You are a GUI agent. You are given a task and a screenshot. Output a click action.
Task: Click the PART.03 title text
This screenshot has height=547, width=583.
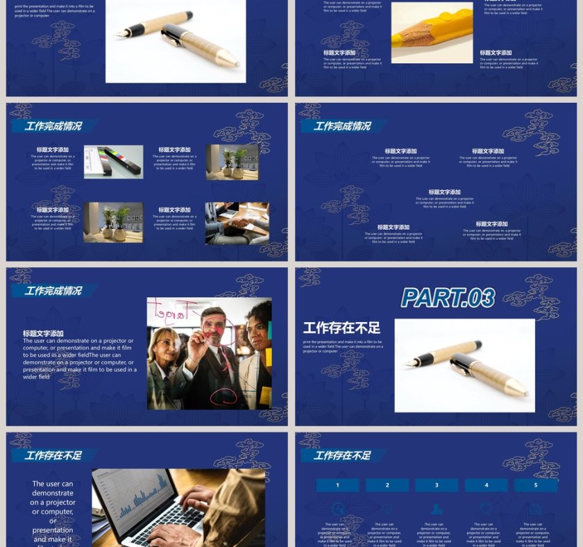coord(448,298)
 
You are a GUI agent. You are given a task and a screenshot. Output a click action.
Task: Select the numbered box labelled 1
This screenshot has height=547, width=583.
coord(337,485)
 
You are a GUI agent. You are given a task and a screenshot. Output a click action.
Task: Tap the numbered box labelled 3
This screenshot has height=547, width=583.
coord(437,485)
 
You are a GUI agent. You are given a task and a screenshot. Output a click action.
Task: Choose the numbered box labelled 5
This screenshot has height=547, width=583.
coord(536,485)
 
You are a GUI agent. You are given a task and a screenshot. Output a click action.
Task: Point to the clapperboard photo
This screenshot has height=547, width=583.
coord(113,162)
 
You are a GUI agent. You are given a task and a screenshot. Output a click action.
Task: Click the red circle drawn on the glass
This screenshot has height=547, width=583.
coord(224,397)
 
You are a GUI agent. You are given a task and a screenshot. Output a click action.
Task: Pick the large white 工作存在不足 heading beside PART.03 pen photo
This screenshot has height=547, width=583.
coord(341,328)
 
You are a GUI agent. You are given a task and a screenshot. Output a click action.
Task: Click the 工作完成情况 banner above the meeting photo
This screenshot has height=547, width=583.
coord(53,291)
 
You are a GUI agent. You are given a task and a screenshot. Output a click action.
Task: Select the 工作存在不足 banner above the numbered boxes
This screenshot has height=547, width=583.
coord(342,455)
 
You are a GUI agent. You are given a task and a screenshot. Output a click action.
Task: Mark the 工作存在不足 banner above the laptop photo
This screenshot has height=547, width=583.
coord(53,455)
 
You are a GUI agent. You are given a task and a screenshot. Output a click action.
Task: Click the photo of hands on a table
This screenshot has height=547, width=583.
coord(237,223)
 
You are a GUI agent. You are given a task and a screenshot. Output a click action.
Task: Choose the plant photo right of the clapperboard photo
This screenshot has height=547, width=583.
coord(232,162)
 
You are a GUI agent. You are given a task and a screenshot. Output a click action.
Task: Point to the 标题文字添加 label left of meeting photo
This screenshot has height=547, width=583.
coord(43,334)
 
